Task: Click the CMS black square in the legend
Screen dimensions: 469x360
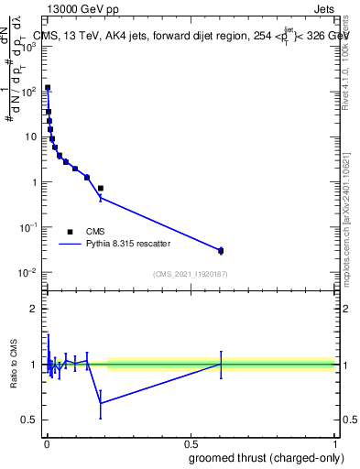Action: (71, 232)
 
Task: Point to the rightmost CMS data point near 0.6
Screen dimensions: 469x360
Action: (221, 250)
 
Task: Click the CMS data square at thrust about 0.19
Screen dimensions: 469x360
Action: (100, 188)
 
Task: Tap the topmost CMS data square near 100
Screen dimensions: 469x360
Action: (48, 88)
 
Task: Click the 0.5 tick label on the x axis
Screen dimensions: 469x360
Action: (190, 444)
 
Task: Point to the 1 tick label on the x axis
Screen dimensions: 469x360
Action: (334, 444)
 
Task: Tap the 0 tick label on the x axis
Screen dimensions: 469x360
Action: (46, 444)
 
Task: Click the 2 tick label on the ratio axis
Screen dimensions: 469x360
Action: (34, 309)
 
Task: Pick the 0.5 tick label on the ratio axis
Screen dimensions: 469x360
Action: (30, 420)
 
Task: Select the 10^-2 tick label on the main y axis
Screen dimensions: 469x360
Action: (28, 272)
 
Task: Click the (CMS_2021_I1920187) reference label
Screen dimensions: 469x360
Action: (190, 274)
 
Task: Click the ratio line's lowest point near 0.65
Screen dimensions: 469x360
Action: (100, 403)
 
